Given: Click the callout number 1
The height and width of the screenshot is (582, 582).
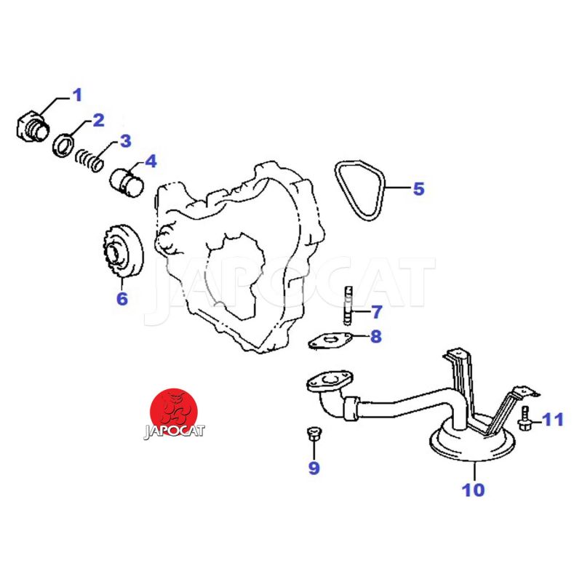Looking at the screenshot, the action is (77, 95).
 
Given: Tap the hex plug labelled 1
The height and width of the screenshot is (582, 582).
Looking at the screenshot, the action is (33, 127).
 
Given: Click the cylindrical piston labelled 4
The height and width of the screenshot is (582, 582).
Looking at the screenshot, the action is (127, 183).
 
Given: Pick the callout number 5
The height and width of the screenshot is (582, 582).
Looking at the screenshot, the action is (419, 188).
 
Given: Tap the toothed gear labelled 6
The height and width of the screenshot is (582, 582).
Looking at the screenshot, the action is (122, 252).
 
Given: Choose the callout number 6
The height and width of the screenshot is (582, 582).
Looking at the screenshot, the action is (122, 298).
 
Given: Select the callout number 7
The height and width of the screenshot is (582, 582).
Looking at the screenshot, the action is (376, 312).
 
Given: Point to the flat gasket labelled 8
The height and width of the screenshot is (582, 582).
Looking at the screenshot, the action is (330, 340).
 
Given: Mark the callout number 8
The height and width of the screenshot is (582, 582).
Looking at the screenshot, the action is (376, 336).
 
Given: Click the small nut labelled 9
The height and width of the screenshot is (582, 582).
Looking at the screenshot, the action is (314, 434).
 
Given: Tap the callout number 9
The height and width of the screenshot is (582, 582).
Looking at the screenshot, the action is (314, 467).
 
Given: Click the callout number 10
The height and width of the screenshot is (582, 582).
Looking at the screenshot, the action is (474, 490).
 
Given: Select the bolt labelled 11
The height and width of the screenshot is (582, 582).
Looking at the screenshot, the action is (524, 419).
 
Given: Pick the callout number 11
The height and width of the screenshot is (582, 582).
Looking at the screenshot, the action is (553, 420).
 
